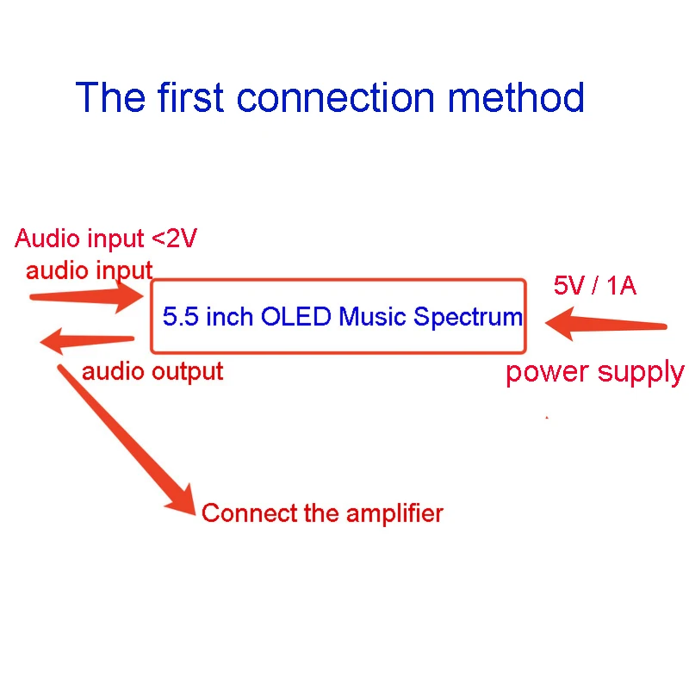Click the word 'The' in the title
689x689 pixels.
coord(109,97)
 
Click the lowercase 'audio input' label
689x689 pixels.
coord(89,270)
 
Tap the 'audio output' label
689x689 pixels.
coord(152,371)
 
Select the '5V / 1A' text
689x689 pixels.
coord(594,287)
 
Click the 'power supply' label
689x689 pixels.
coord(594,372)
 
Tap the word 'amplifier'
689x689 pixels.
coord(394,514)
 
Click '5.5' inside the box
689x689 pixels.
coord(178,316)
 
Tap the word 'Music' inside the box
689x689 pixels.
coord(374,316)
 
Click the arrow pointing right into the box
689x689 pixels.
coord(86,298)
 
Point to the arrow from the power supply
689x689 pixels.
coord(607,325)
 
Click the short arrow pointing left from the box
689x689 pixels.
coord(86,341)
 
